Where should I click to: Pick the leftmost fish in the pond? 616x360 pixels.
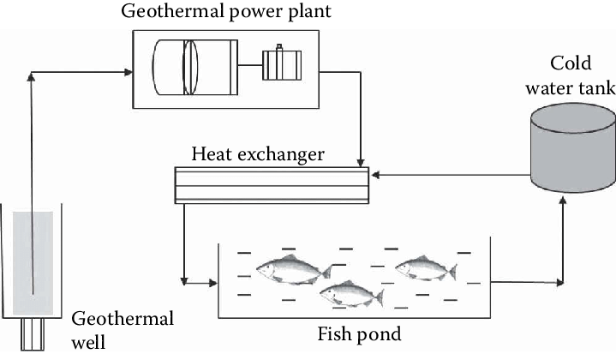(292, 268)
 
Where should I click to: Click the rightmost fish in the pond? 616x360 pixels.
(426, 267)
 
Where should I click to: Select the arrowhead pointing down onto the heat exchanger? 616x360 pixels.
(361, 161)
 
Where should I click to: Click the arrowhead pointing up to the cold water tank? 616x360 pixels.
(563, 200)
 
